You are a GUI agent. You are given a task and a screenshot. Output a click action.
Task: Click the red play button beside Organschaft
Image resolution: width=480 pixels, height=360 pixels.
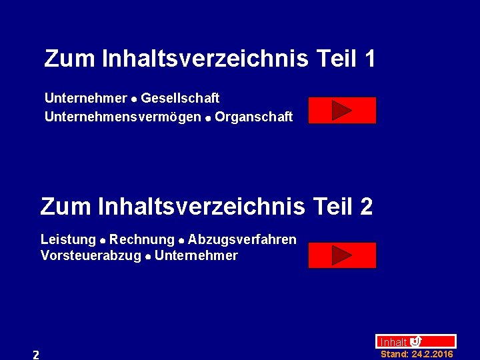[342, 111]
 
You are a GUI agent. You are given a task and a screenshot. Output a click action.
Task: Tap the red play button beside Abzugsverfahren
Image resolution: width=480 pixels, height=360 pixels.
[342, 255]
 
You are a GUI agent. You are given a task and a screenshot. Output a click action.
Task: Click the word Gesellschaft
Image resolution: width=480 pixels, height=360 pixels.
[180, 99]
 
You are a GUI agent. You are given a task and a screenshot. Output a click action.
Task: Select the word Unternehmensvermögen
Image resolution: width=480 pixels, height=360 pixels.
[123, 117]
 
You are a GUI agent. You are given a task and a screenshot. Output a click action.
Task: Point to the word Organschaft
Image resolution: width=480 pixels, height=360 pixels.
[253, 117]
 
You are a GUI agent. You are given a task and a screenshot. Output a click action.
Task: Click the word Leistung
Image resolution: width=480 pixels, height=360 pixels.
[68, 239]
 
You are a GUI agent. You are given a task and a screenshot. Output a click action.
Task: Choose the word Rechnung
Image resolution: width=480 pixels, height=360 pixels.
[141, 239]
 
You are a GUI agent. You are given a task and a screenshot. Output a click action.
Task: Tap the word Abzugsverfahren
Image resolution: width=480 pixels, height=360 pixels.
[242, 239]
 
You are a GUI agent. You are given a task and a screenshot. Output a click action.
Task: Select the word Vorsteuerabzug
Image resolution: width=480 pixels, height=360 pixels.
[91, 256]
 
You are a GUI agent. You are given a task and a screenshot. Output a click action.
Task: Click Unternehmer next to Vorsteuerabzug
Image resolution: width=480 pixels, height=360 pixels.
[195, 256]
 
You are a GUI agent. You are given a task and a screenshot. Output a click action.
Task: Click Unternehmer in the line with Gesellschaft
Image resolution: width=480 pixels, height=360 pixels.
[85, 99]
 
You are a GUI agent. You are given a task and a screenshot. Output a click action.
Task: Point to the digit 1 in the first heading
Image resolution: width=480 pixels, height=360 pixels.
[369, 59]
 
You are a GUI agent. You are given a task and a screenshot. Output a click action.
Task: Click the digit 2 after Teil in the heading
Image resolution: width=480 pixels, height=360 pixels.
[366, 207]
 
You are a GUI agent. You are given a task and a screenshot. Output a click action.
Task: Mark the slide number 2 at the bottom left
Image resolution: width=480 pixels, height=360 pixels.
[36, 355]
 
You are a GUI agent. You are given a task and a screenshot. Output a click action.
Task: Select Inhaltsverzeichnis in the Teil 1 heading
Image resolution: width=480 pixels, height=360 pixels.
[205, 59]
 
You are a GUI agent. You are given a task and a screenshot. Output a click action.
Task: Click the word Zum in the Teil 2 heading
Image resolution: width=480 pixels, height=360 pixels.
[65, 207]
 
